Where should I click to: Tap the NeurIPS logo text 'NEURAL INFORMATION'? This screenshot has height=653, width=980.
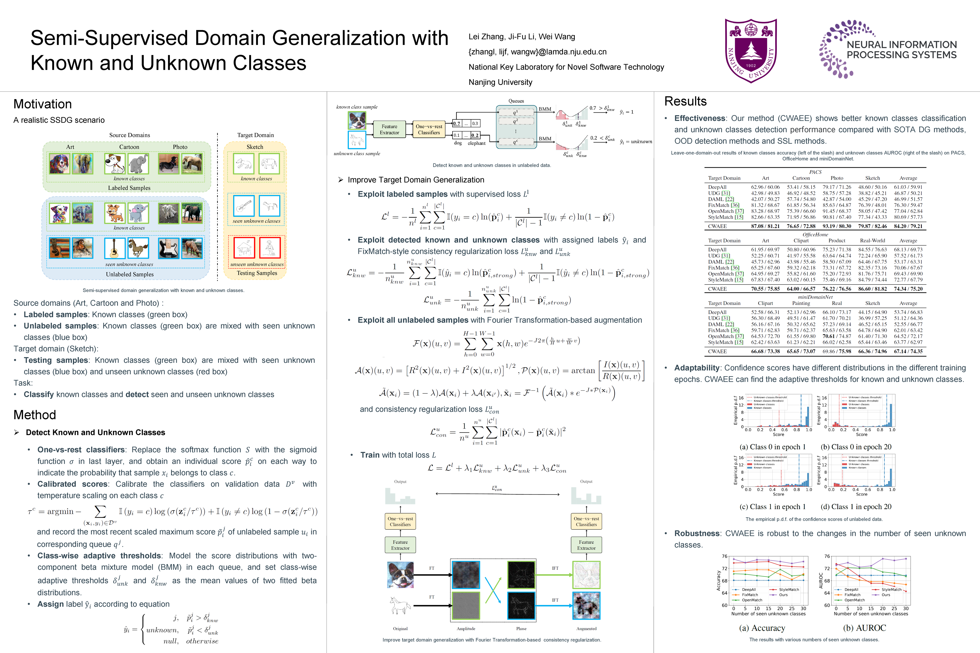pyautogui.click(x=902, y=45)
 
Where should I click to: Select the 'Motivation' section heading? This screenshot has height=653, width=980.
pyautogui.click(x=42, y=104)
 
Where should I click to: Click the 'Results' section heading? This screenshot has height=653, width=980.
pyautogui.click(x=685, y=101)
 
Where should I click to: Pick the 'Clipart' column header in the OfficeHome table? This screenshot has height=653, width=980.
pyautogui.click(x=801, y=241)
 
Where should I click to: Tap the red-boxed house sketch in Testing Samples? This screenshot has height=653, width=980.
pyautogui.click(x=244, y=248)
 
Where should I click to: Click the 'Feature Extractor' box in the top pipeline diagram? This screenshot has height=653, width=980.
pyautogui.click(x=389, y=129)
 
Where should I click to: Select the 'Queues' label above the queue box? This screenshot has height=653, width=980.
pyautogui.click(x=516, y=101)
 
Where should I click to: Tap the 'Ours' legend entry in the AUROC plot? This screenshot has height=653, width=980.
pyautogui.click(x=886, y=595)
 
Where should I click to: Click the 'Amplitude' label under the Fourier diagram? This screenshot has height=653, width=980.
pyautogui.click(x=466, y=629)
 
